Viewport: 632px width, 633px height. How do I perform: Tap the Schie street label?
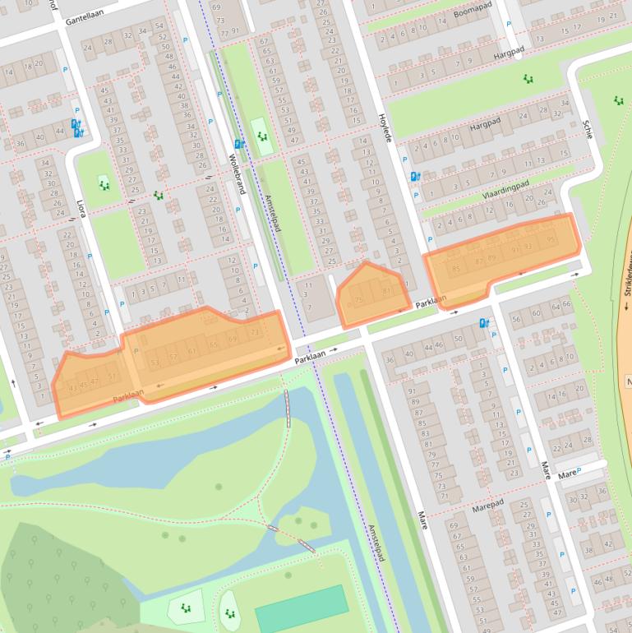(587, 128)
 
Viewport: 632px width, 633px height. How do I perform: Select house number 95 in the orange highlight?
(551, 240)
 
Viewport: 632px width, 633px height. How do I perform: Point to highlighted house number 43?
(72, 387)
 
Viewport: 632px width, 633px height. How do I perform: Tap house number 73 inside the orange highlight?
(256, 332)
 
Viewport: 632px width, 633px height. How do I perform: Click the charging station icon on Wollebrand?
(239, 144)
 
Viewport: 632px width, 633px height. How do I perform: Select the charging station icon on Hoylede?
(415, 176)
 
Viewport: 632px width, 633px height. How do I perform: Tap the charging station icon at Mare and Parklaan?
(484, 324)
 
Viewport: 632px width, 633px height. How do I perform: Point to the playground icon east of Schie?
(618, 100)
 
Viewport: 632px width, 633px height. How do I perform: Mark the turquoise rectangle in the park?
(301, 608)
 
